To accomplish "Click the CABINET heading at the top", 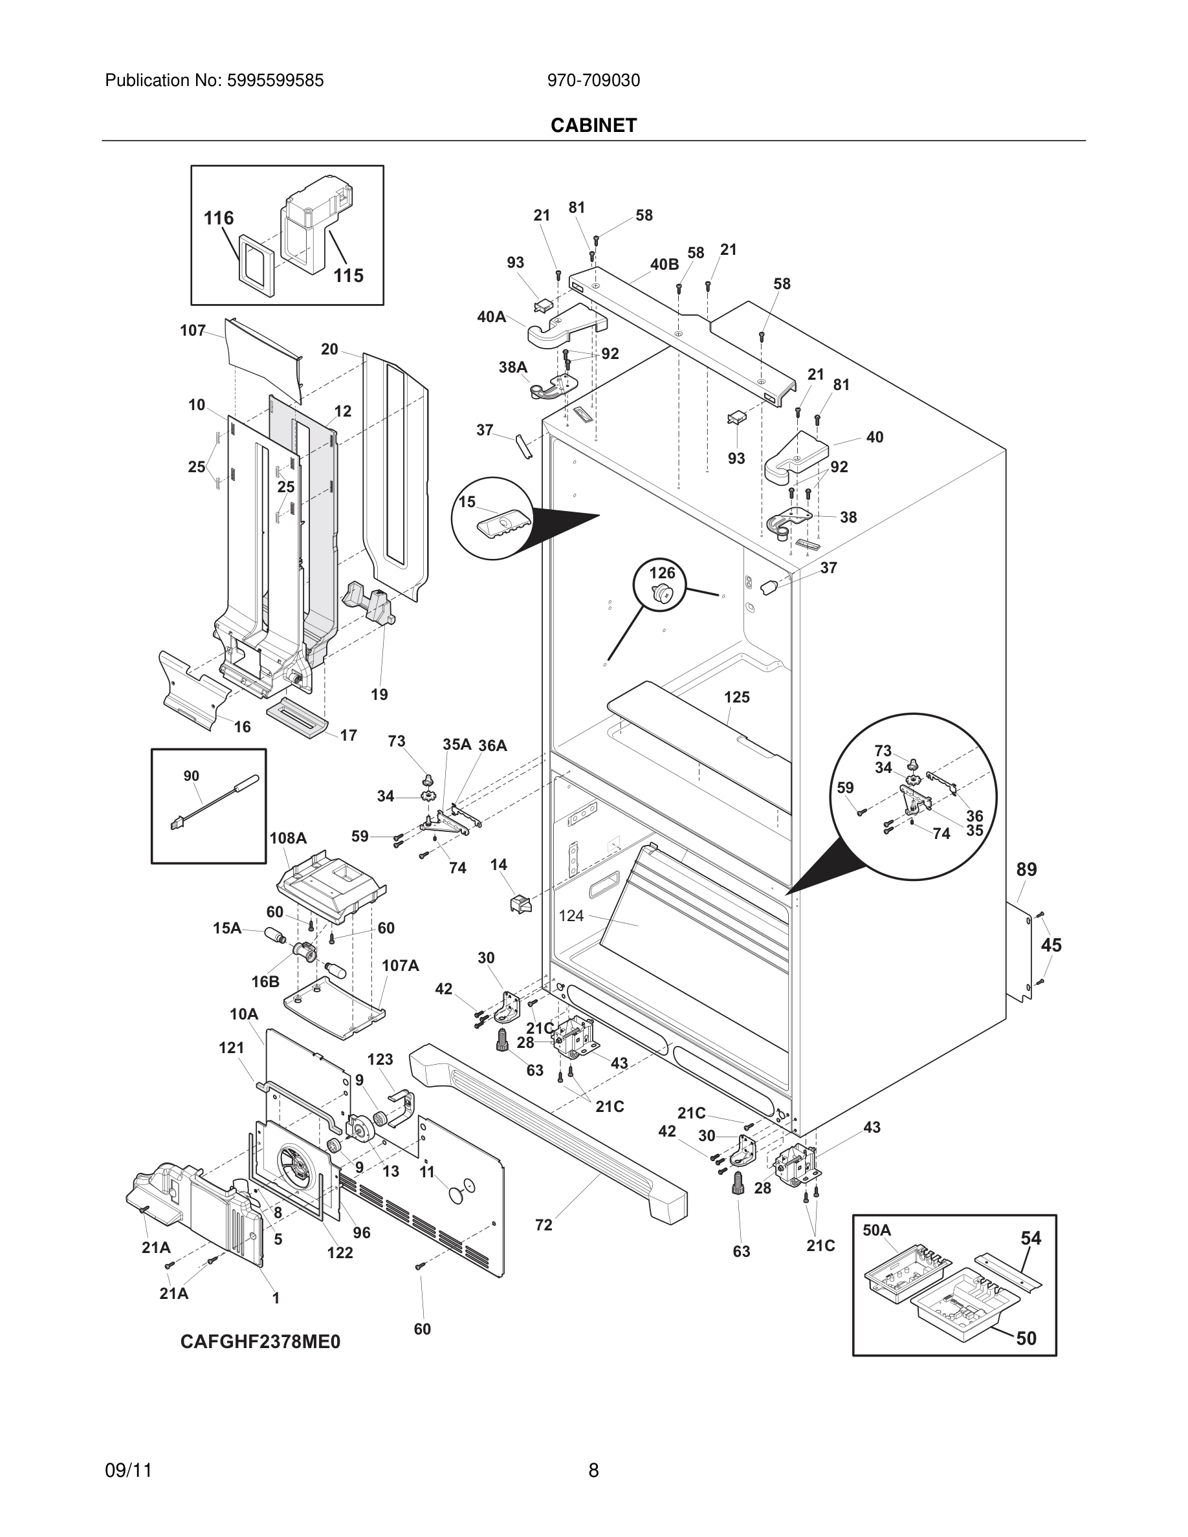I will point(593,125).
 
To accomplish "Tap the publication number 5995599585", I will point(274,81).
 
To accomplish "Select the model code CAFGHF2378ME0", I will point(259,1342).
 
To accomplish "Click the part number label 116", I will point(218,218).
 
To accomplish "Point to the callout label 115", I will point(347,275).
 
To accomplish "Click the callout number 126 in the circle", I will point(661,573).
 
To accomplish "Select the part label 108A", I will point(288,838).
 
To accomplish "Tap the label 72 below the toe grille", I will point(544,1225).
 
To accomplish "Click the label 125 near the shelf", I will point(736,697).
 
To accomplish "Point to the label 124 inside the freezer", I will point(571,915).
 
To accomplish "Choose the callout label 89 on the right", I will point(1026,869).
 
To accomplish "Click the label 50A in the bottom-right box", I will point(876,1230).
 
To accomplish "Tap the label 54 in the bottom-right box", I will point(1030,1238).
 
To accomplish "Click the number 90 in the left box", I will point(191,776).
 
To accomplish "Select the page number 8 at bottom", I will point(593,1470).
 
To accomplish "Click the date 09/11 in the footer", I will point(128,1470).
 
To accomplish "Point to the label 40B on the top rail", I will point(664,265).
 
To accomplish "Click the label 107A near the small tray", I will point(400,966).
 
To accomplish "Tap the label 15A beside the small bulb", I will point(226,928).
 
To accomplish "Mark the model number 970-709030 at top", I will point(593,81).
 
